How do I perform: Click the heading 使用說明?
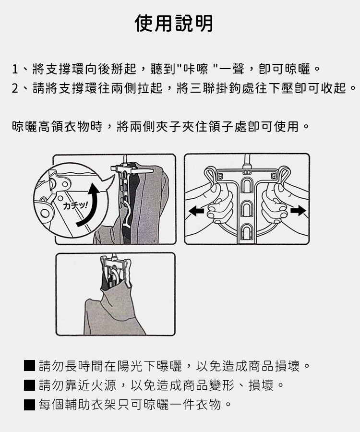(174, 23)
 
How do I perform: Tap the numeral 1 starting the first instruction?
(15, 69)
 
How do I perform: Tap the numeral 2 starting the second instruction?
(15, 88)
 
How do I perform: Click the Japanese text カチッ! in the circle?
(75, 205)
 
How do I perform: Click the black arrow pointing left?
(196, 211)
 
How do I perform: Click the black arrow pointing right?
(298, 211)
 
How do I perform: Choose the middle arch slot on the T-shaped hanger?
(247, 209)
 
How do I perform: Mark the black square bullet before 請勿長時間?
(29, 366)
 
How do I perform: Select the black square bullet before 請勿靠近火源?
(29, 385)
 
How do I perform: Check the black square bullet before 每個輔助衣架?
(29, 405)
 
